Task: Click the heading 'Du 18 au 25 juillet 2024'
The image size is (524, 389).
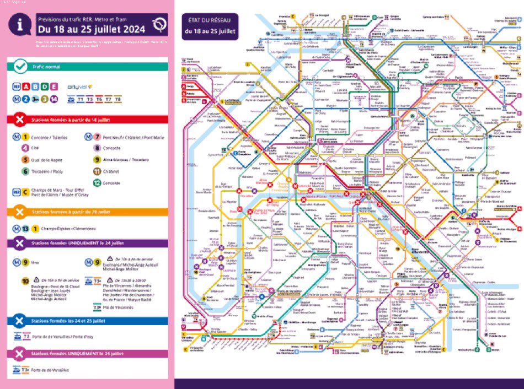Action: [91, 29]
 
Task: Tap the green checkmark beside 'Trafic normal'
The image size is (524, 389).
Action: [20, 67]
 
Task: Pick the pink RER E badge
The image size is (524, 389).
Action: [54, 86]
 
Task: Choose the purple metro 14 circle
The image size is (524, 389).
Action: [54, 99]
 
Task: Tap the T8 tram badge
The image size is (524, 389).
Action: [117, 99]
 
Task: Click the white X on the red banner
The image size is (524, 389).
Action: [20, 119]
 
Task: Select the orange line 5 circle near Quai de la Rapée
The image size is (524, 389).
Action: [25, 160]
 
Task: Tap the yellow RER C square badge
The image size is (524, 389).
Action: [25, 193]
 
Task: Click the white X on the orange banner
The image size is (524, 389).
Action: [20, 212]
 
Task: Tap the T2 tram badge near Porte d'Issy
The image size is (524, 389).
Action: [24, 335]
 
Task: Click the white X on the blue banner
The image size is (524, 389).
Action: [20, 320]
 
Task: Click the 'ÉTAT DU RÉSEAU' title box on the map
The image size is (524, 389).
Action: [210, 26]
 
